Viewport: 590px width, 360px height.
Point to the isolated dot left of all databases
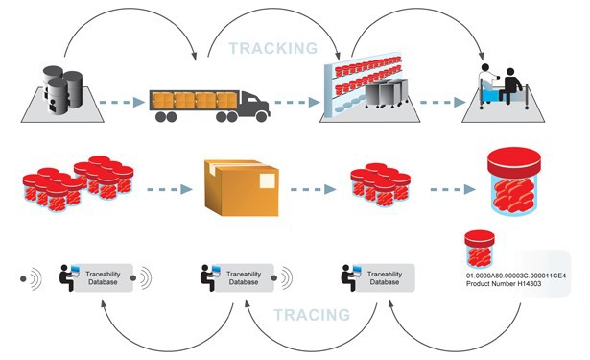(22, 279)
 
